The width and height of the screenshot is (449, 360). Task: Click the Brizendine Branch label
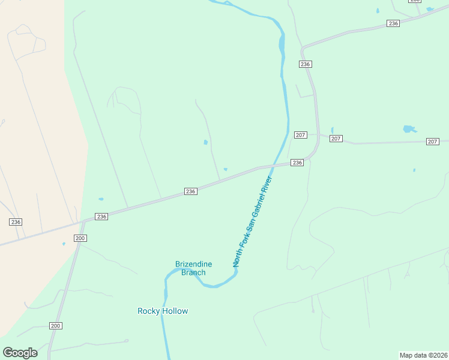(190, 268)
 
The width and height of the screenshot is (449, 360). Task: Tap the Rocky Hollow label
(163, 311)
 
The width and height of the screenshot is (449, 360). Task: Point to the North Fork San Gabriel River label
(253, 221)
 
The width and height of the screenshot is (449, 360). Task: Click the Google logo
(20, 352)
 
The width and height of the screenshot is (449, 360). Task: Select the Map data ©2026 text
(423, 355)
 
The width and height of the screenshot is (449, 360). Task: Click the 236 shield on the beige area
(16, 221)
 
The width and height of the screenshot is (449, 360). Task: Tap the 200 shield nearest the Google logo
(56, 326)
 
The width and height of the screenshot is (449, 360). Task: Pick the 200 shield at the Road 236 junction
(80, 238)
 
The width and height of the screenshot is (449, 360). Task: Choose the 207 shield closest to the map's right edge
(433, 142)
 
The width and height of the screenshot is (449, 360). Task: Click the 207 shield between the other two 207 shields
(336, 139)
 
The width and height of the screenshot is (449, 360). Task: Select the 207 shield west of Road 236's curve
(301, 135)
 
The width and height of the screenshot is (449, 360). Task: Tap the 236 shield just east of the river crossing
(297, 163)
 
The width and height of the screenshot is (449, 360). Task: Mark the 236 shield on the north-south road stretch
(306, 64)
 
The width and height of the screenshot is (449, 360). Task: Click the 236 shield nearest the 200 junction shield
(101, 217)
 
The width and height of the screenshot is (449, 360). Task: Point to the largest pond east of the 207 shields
(409, 129)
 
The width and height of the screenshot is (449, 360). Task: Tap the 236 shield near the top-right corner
(393, 23)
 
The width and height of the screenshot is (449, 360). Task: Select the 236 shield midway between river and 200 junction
(190, 191)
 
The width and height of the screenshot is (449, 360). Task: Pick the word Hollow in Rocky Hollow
(175, 311)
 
